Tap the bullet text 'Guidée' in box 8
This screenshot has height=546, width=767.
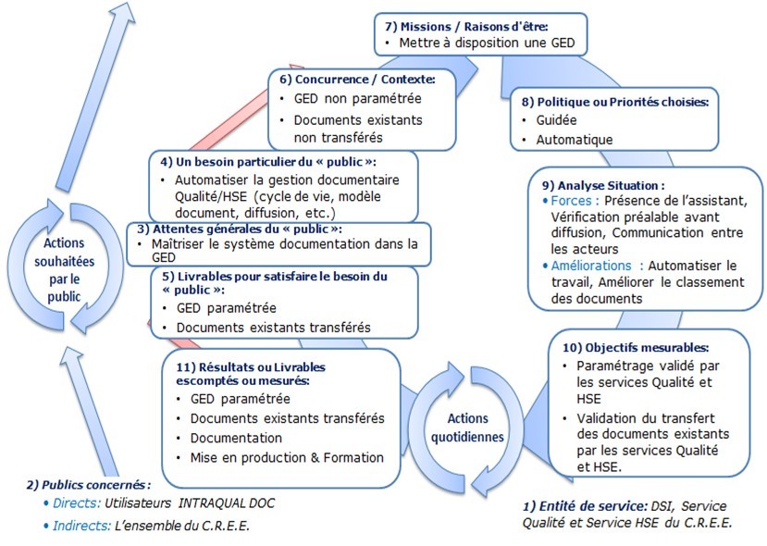point(557,120)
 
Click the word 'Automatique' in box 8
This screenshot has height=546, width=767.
point(574,140)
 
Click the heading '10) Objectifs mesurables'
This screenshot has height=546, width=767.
point(636,348)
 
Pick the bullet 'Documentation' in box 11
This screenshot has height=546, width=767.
point(236,438)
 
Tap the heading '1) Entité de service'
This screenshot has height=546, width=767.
point(583,506)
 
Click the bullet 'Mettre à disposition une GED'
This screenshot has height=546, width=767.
point(487,43)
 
